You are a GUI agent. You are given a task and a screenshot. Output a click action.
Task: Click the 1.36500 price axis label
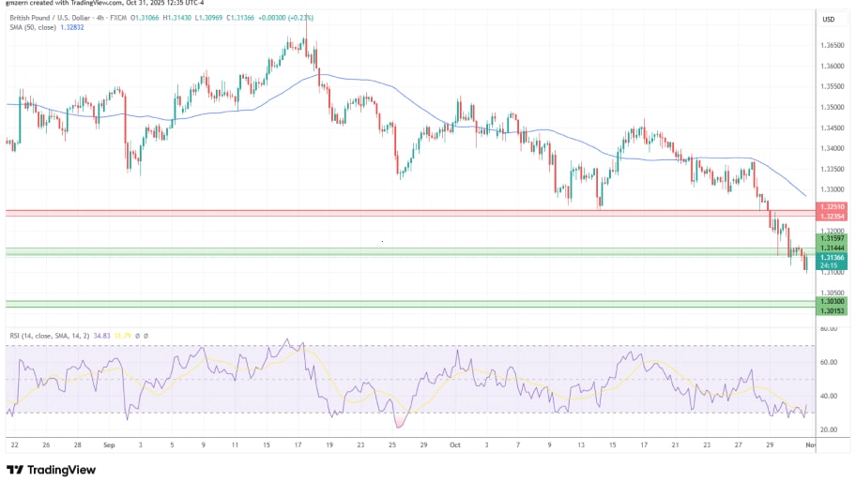(x=831, y=45)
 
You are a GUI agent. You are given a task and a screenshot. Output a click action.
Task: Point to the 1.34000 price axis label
(x=831, y=148)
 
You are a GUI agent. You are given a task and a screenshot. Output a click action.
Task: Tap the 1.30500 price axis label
(x=831, y=293)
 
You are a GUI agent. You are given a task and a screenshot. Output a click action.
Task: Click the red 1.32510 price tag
(x=831, y=207)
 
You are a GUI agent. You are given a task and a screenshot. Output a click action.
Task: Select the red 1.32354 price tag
(x=831, y=217)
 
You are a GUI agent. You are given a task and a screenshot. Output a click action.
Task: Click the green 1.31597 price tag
(x=831, y=239)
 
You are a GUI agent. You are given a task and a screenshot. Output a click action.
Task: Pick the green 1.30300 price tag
(x=831, y=301)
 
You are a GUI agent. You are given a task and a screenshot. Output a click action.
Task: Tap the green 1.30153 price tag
(x=831, y=310)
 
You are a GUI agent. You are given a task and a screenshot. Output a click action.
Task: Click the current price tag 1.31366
(x=831, y=257)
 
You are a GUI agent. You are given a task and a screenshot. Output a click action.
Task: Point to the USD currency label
(x=829, y=20)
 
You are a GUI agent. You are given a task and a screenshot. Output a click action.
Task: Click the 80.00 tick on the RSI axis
(x=828, y=329)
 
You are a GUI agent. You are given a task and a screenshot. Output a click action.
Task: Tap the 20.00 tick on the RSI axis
(x=828, y=429)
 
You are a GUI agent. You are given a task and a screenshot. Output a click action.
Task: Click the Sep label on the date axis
(x=109, y=446)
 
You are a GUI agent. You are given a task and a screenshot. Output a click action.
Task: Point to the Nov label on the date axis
(x=809, y=446)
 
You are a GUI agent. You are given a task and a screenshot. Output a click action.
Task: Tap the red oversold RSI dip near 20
(x=400, y=423)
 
